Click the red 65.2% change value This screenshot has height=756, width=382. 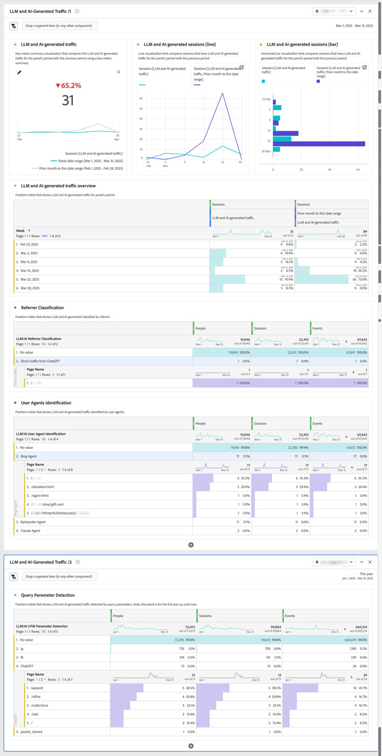coord(68,86)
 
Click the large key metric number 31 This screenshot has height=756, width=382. coord(68,100)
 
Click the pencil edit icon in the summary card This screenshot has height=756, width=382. coord(19,72)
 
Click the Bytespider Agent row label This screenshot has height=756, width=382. coord(34,522)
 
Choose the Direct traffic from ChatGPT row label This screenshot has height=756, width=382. coord(40,361)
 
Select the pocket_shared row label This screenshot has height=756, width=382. coord(32,732)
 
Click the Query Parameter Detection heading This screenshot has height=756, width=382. coord(48,595)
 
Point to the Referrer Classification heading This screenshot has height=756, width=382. coord(42,308)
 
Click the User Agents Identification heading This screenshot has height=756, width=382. coord(46,403)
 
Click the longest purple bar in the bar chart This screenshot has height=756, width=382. coord(319,144)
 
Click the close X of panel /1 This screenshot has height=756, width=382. coord(370,11)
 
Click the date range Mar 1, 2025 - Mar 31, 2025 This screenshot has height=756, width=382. coord(354,25)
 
